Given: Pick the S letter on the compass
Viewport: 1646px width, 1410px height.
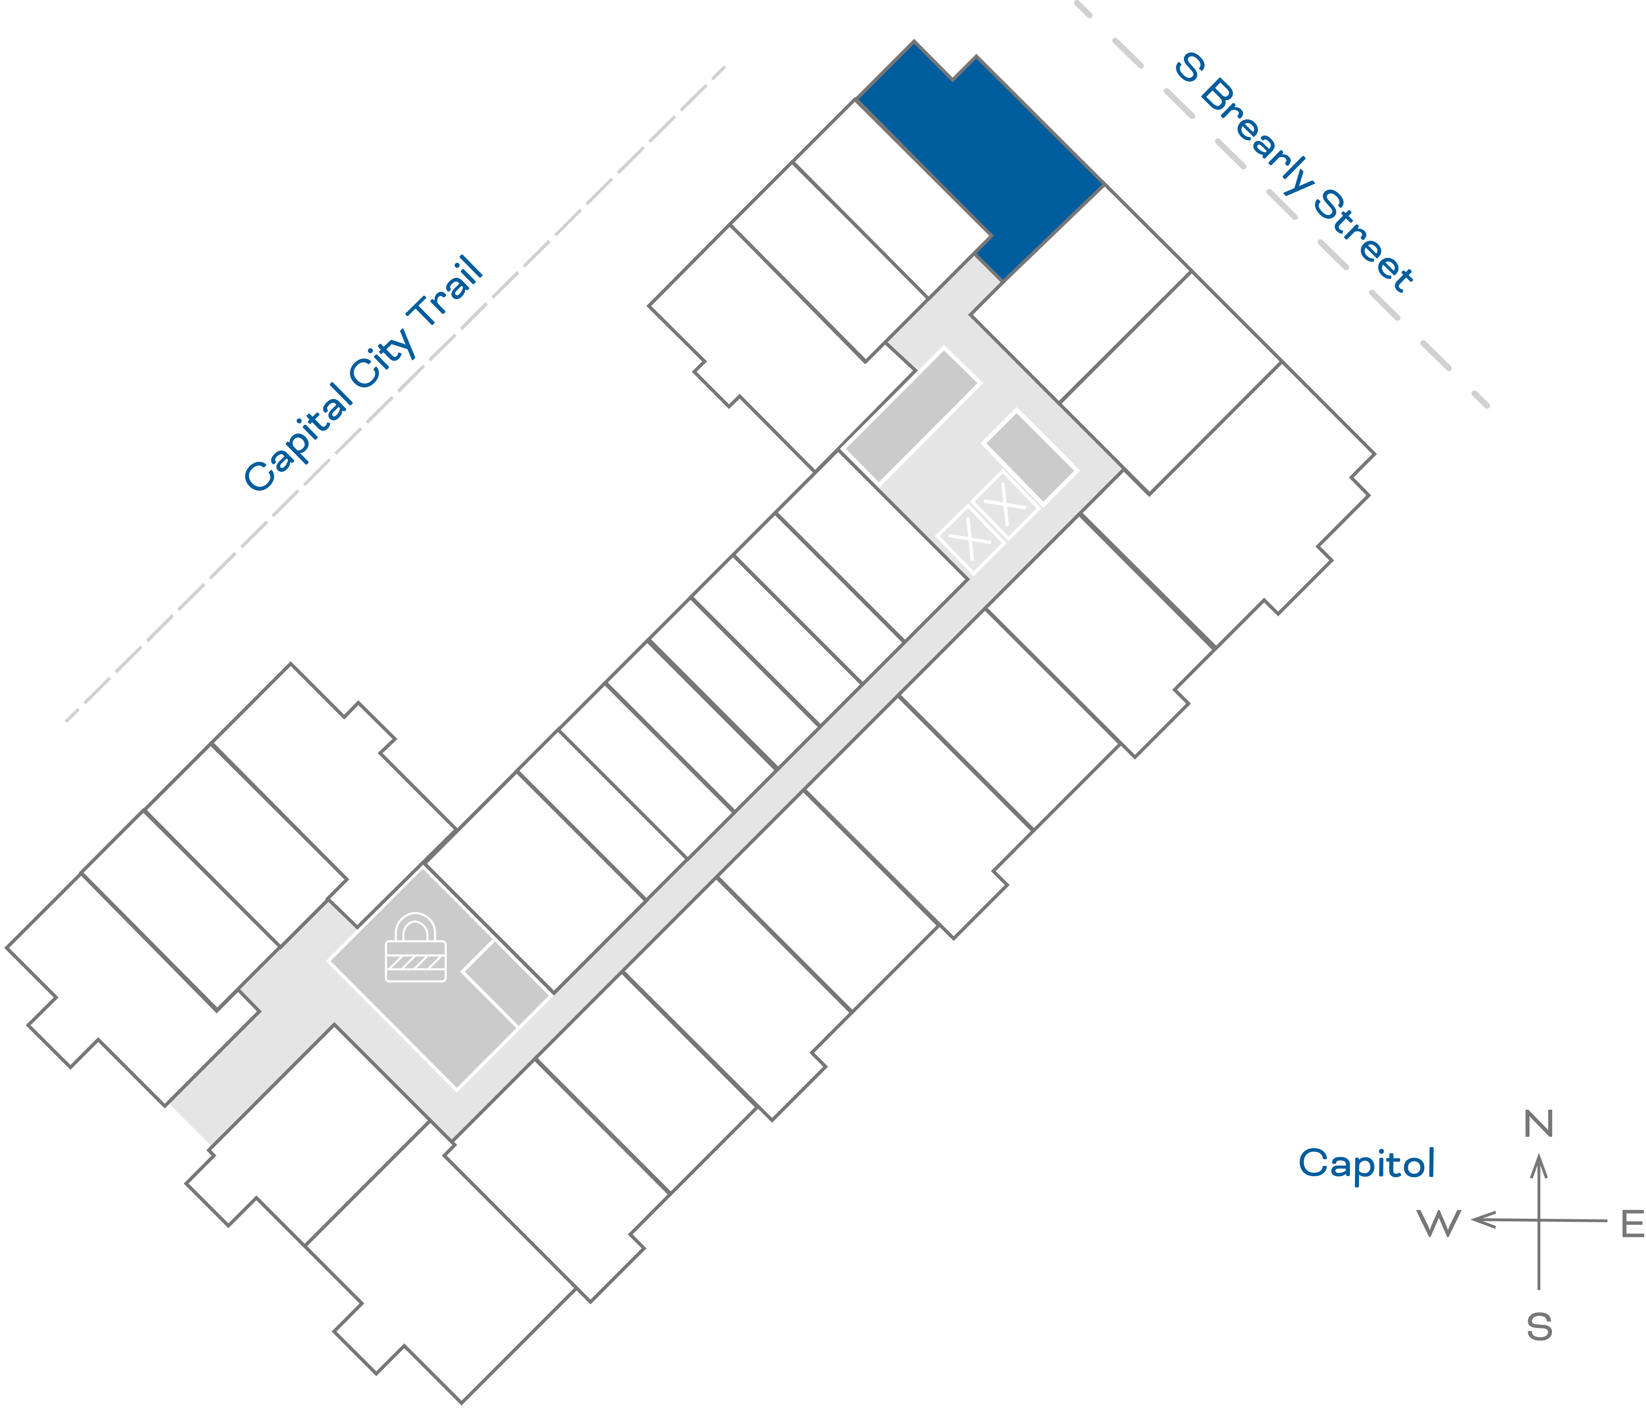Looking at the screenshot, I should pos(1539,1327).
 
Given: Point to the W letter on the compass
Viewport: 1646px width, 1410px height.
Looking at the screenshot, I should pos(1439,1224).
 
